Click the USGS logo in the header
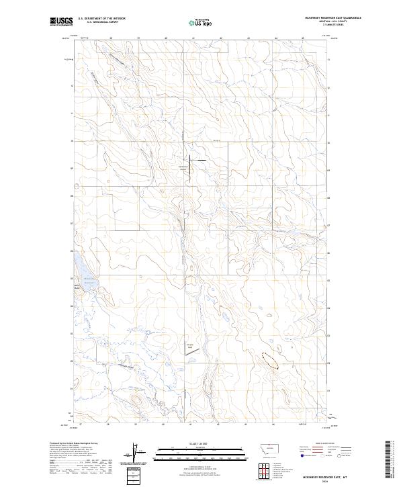[62, 22]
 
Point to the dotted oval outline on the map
[269, 361]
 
